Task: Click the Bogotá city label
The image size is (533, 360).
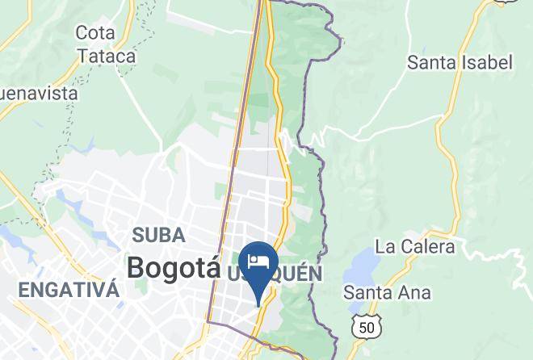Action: pos(174,266)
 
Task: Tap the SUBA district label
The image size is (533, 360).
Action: pos(158,236)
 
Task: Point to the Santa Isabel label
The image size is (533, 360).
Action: pos(460,62)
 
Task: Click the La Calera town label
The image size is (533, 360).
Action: pos(415,246)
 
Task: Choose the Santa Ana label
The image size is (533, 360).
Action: pos(387,292)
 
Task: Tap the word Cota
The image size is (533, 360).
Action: pos(94,33)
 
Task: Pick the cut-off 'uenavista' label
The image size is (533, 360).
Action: pos(39,93)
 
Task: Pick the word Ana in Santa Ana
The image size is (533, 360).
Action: pos(414,292)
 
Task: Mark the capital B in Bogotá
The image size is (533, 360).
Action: pos(138,266)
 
